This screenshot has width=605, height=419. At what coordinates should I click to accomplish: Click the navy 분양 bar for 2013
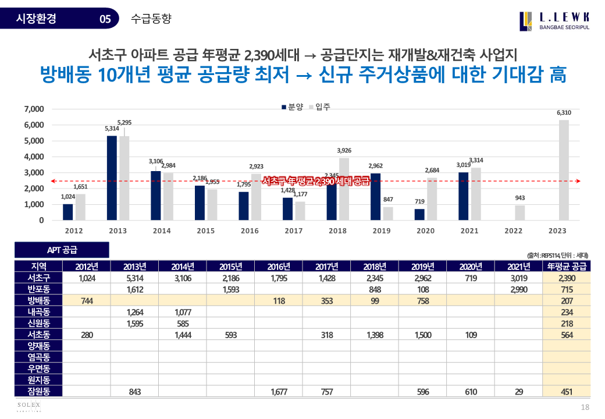112,178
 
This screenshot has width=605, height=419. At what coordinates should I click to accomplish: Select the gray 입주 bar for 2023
564,170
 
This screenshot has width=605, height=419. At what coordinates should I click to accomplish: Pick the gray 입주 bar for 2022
519,213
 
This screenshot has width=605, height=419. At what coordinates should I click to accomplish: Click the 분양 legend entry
292,107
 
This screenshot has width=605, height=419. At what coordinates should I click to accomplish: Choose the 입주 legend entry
319,107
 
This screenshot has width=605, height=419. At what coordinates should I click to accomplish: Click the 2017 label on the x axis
293,231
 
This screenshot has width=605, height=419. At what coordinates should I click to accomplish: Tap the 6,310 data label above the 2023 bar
564,112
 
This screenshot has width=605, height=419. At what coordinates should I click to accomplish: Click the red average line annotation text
316,181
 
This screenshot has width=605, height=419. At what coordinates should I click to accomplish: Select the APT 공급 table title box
62,250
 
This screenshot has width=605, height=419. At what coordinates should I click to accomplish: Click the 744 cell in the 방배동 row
86,301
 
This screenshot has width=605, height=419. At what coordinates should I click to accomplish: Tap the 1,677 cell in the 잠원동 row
279,392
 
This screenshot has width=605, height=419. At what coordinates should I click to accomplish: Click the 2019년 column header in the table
422,267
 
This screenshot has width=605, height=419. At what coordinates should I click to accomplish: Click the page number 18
586,407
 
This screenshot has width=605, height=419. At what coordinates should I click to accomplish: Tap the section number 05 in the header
105,19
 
